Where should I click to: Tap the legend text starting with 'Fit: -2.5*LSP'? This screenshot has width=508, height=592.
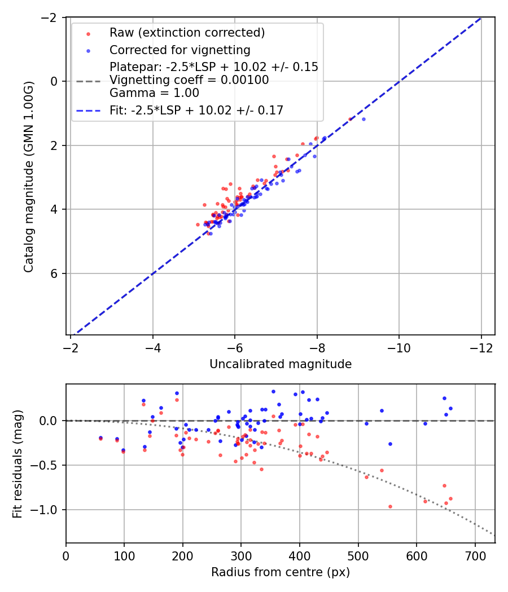[196, 111]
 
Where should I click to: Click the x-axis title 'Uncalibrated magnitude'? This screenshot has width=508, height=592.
[281, 364]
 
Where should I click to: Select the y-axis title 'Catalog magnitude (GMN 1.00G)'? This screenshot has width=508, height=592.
[29, 176]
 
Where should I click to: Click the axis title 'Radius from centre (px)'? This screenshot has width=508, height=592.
[281, 572]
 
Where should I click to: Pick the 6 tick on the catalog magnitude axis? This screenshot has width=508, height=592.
[55, 273]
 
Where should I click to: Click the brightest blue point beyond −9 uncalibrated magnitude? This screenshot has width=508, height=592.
[364, 119]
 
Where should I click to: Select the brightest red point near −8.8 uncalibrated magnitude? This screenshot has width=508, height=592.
[350, 119]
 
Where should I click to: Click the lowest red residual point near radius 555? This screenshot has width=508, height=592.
[390, 506]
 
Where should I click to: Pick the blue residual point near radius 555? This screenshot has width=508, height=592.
[390, 444]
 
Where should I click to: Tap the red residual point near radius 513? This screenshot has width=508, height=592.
[366, 477]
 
